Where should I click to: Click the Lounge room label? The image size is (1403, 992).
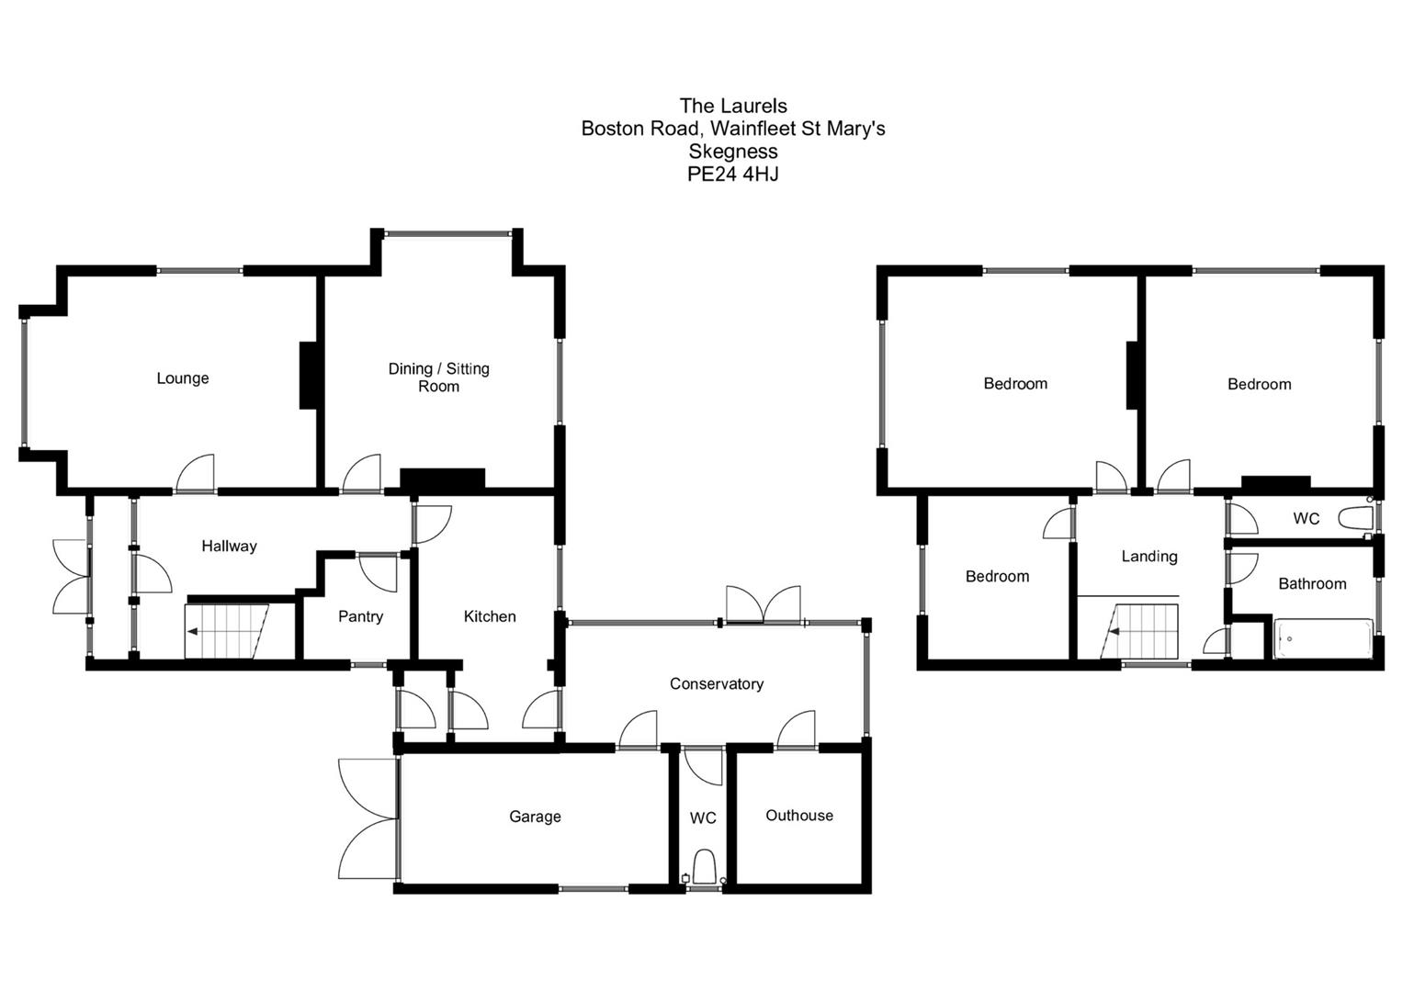coord(182,378)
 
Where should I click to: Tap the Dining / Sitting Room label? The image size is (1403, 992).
coord(438,378)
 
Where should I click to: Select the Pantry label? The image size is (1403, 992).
coord(360,616)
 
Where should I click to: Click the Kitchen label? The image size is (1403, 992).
coord(490,616)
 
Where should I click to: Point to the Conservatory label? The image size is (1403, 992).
coord(716,683)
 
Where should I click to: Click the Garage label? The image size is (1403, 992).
coord(535,817)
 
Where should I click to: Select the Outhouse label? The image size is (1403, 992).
coord(799,816)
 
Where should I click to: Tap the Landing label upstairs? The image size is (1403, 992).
coord(1148,557)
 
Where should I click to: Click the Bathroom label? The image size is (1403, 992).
coord(1312,584)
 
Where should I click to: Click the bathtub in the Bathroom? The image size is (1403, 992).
coord(1323,638)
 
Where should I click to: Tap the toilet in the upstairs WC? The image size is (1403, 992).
coord(1354,519)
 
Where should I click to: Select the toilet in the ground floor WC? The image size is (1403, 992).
coord(705,866)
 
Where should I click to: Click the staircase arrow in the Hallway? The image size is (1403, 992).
coord(193,631)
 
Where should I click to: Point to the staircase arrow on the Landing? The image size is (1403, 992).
coord(1114,632)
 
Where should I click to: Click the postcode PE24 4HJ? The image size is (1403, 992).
coord(732,175)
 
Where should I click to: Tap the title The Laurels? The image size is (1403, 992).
coord(732,107)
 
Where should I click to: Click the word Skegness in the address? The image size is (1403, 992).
coord(732,152)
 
